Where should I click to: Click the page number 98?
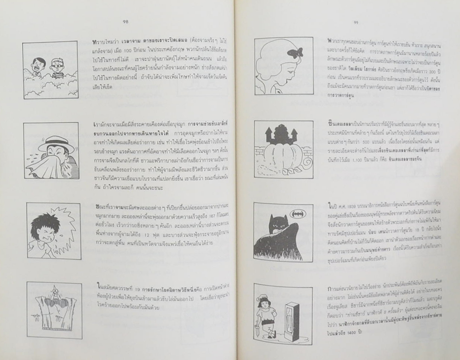[x=126, y=20]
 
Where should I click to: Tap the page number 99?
[x=356, y=22]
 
